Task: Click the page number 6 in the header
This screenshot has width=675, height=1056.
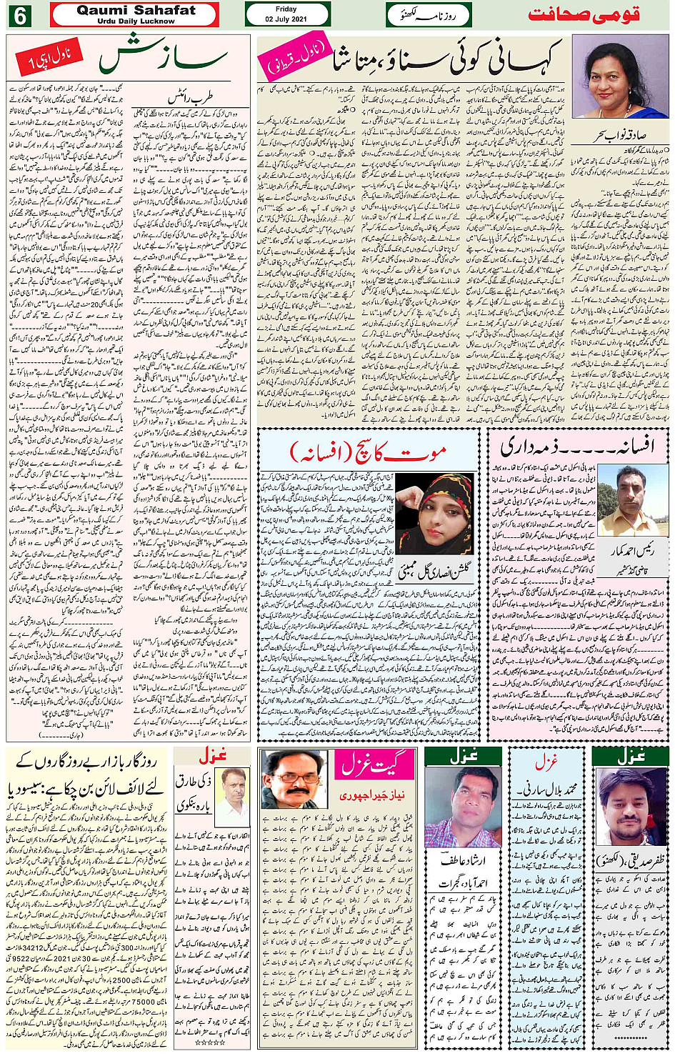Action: [19, 15]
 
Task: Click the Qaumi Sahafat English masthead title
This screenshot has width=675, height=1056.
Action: [135, 11]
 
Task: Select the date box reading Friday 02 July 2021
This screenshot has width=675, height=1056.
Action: [286, 14]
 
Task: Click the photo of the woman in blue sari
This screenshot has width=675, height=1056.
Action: [619, 76]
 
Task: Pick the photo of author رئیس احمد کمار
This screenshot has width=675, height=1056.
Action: [626, 501]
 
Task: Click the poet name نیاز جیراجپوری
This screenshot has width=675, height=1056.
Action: [371, 795]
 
